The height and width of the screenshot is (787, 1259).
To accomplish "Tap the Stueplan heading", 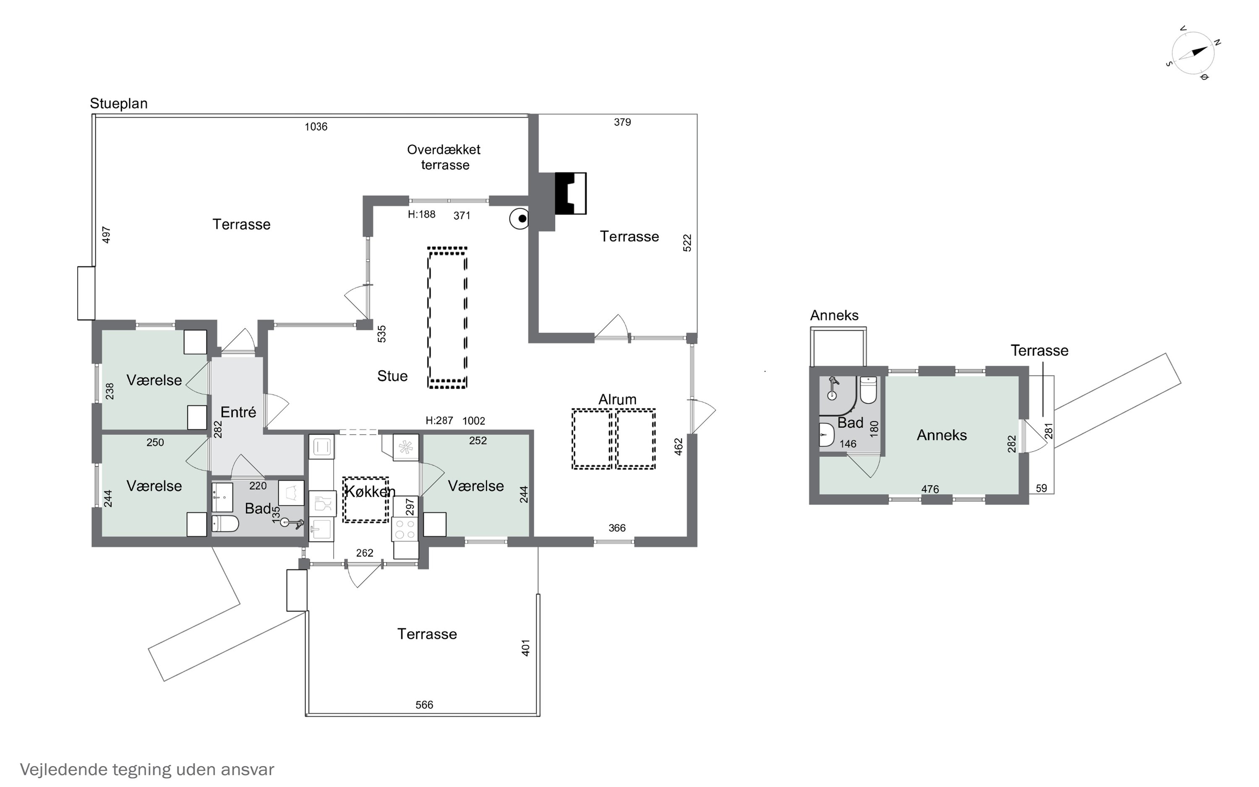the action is [x=119, y=104].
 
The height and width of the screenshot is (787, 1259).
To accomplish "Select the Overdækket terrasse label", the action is [x=444, y=157].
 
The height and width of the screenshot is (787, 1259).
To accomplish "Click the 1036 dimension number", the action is [x=316, y=126].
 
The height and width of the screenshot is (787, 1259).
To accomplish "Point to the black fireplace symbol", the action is [x=571, y=193].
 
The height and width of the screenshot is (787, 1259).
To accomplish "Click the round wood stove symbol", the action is [x=519, y=219].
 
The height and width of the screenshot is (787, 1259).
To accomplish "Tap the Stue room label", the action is [x=392, y=376].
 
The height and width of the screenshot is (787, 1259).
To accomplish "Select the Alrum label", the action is [x=617, y=399].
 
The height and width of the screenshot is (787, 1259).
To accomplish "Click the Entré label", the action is [x=238, y=412].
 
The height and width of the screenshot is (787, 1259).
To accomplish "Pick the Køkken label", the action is [x=369, y=492].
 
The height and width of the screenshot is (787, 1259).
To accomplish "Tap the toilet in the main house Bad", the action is [x=225, y=524].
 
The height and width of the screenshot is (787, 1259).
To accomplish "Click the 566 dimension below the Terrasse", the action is [x=424, y=705].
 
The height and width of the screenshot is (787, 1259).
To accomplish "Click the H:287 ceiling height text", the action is [x=439, y=421].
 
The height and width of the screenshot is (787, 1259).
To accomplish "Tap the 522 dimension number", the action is [x=687, y=243].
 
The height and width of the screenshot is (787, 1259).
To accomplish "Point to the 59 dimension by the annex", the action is [x=1041, y=488].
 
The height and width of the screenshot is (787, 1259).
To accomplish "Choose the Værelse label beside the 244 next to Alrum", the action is [x=475, y=486].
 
